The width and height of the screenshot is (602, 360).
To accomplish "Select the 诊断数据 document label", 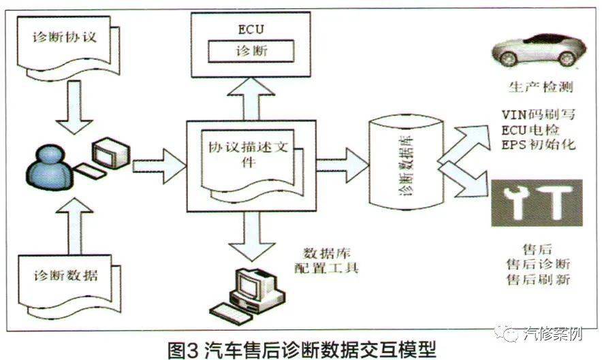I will (65, 276).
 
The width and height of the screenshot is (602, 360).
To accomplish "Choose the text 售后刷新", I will (537, 280).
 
